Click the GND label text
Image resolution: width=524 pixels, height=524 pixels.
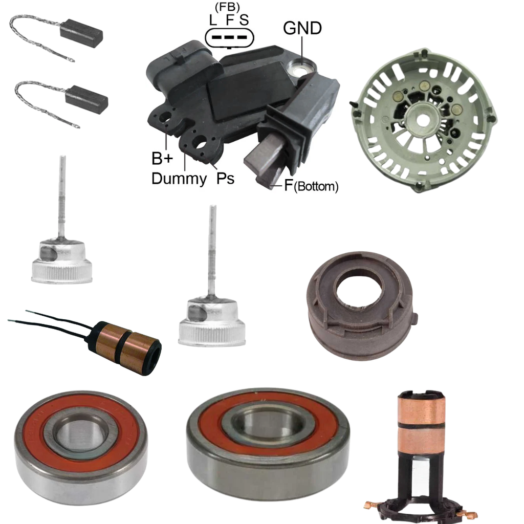pyautogui.click(x=302, y=28)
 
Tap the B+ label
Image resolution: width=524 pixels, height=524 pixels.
pyautogui.click(x=162, y=159)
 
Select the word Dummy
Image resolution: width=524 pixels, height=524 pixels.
pyautogui.click(x=179, y=179)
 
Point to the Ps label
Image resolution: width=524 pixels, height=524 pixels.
pyautogui.click(x=225, y=178)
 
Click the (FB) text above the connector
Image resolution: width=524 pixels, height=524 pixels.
pyautogui.click(x=227, y=7)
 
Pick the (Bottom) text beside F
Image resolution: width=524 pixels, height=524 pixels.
pyautogui.click(x=316, y=186)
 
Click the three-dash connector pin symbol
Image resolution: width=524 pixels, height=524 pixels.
pyautogui.click(x=229, y=37)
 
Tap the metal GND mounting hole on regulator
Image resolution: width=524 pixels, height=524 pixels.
pyautogui.click(x=301, y=69)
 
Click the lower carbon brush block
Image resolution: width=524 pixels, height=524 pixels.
pyautogui.click(x=86, y=97)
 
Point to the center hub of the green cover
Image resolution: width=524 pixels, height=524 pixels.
pyautogui.click(x=422, y=120)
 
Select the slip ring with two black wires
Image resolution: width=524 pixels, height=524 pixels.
pyautogui.click(x=124, y=348)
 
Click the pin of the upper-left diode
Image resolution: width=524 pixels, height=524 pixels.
pyautogui.click(x=61, y=197)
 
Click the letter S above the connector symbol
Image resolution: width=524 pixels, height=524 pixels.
pyautogui.click(x=244, y=20)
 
